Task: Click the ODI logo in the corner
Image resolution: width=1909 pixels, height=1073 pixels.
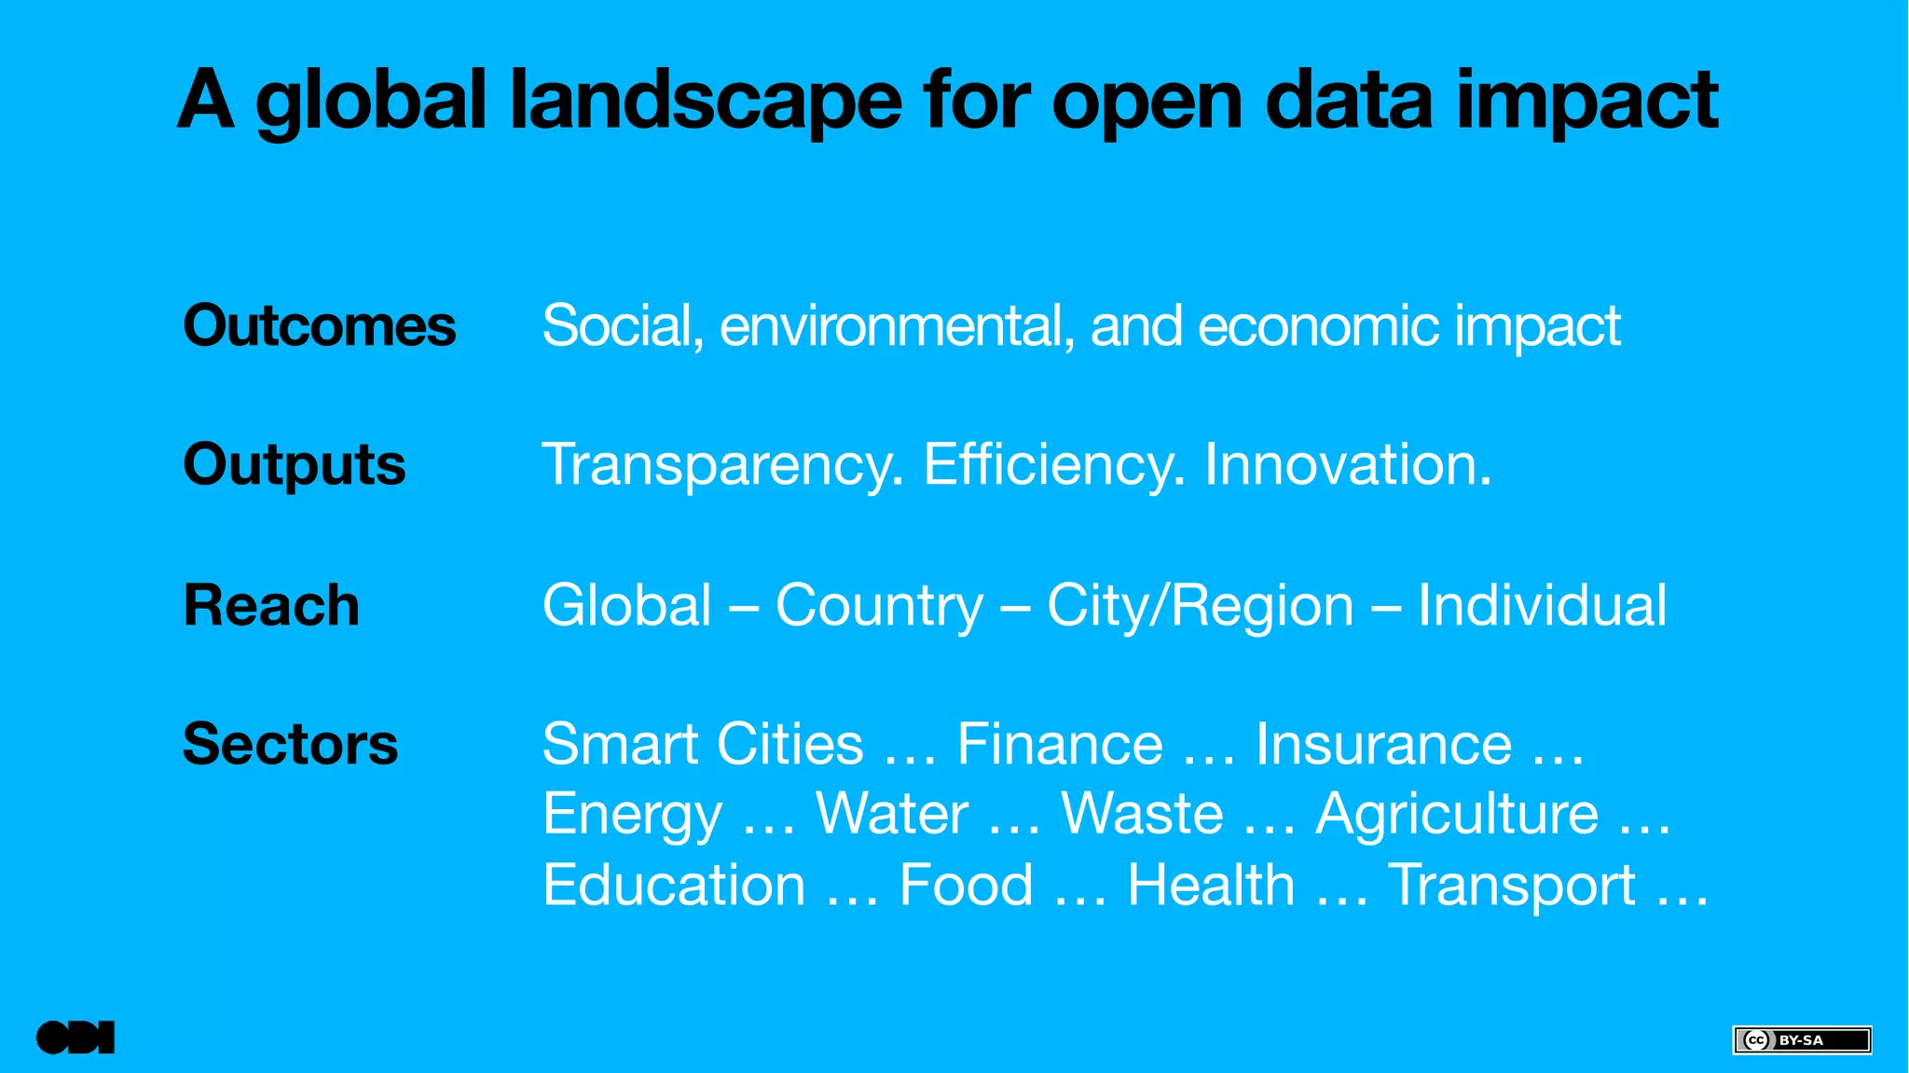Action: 76,1038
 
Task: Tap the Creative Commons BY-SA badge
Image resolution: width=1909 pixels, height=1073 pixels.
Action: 1801,1039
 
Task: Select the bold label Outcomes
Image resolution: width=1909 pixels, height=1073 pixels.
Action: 319,325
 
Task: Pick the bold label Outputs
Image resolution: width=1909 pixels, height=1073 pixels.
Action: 294,464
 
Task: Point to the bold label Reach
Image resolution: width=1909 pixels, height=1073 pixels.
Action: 270,605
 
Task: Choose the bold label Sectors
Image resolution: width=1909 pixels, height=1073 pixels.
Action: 290,744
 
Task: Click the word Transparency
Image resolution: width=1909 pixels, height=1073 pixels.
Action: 722,464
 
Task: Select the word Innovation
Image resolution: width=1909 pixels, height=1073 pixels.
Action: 1348,464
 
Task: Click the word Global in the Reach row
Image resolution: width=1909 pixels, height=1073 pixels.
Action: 627,605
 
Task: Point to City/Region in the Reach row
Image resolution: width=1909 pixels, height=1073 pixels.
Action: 1200,605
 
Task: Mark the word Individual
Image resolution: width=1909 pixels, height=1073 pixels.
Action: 1542,605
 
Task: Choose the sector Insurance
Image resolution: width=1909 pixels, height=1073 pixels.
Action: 1383,744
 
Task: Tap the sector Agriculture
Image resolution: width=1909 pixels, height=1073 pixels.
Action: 1457,813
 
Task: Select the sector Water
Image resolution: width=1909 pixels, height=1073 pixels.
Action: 892,813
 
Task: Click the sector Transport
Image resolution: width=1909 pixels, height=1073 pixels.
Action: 1511,884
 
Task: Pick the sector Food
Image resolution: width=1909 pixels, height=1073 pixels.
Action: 966,884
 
